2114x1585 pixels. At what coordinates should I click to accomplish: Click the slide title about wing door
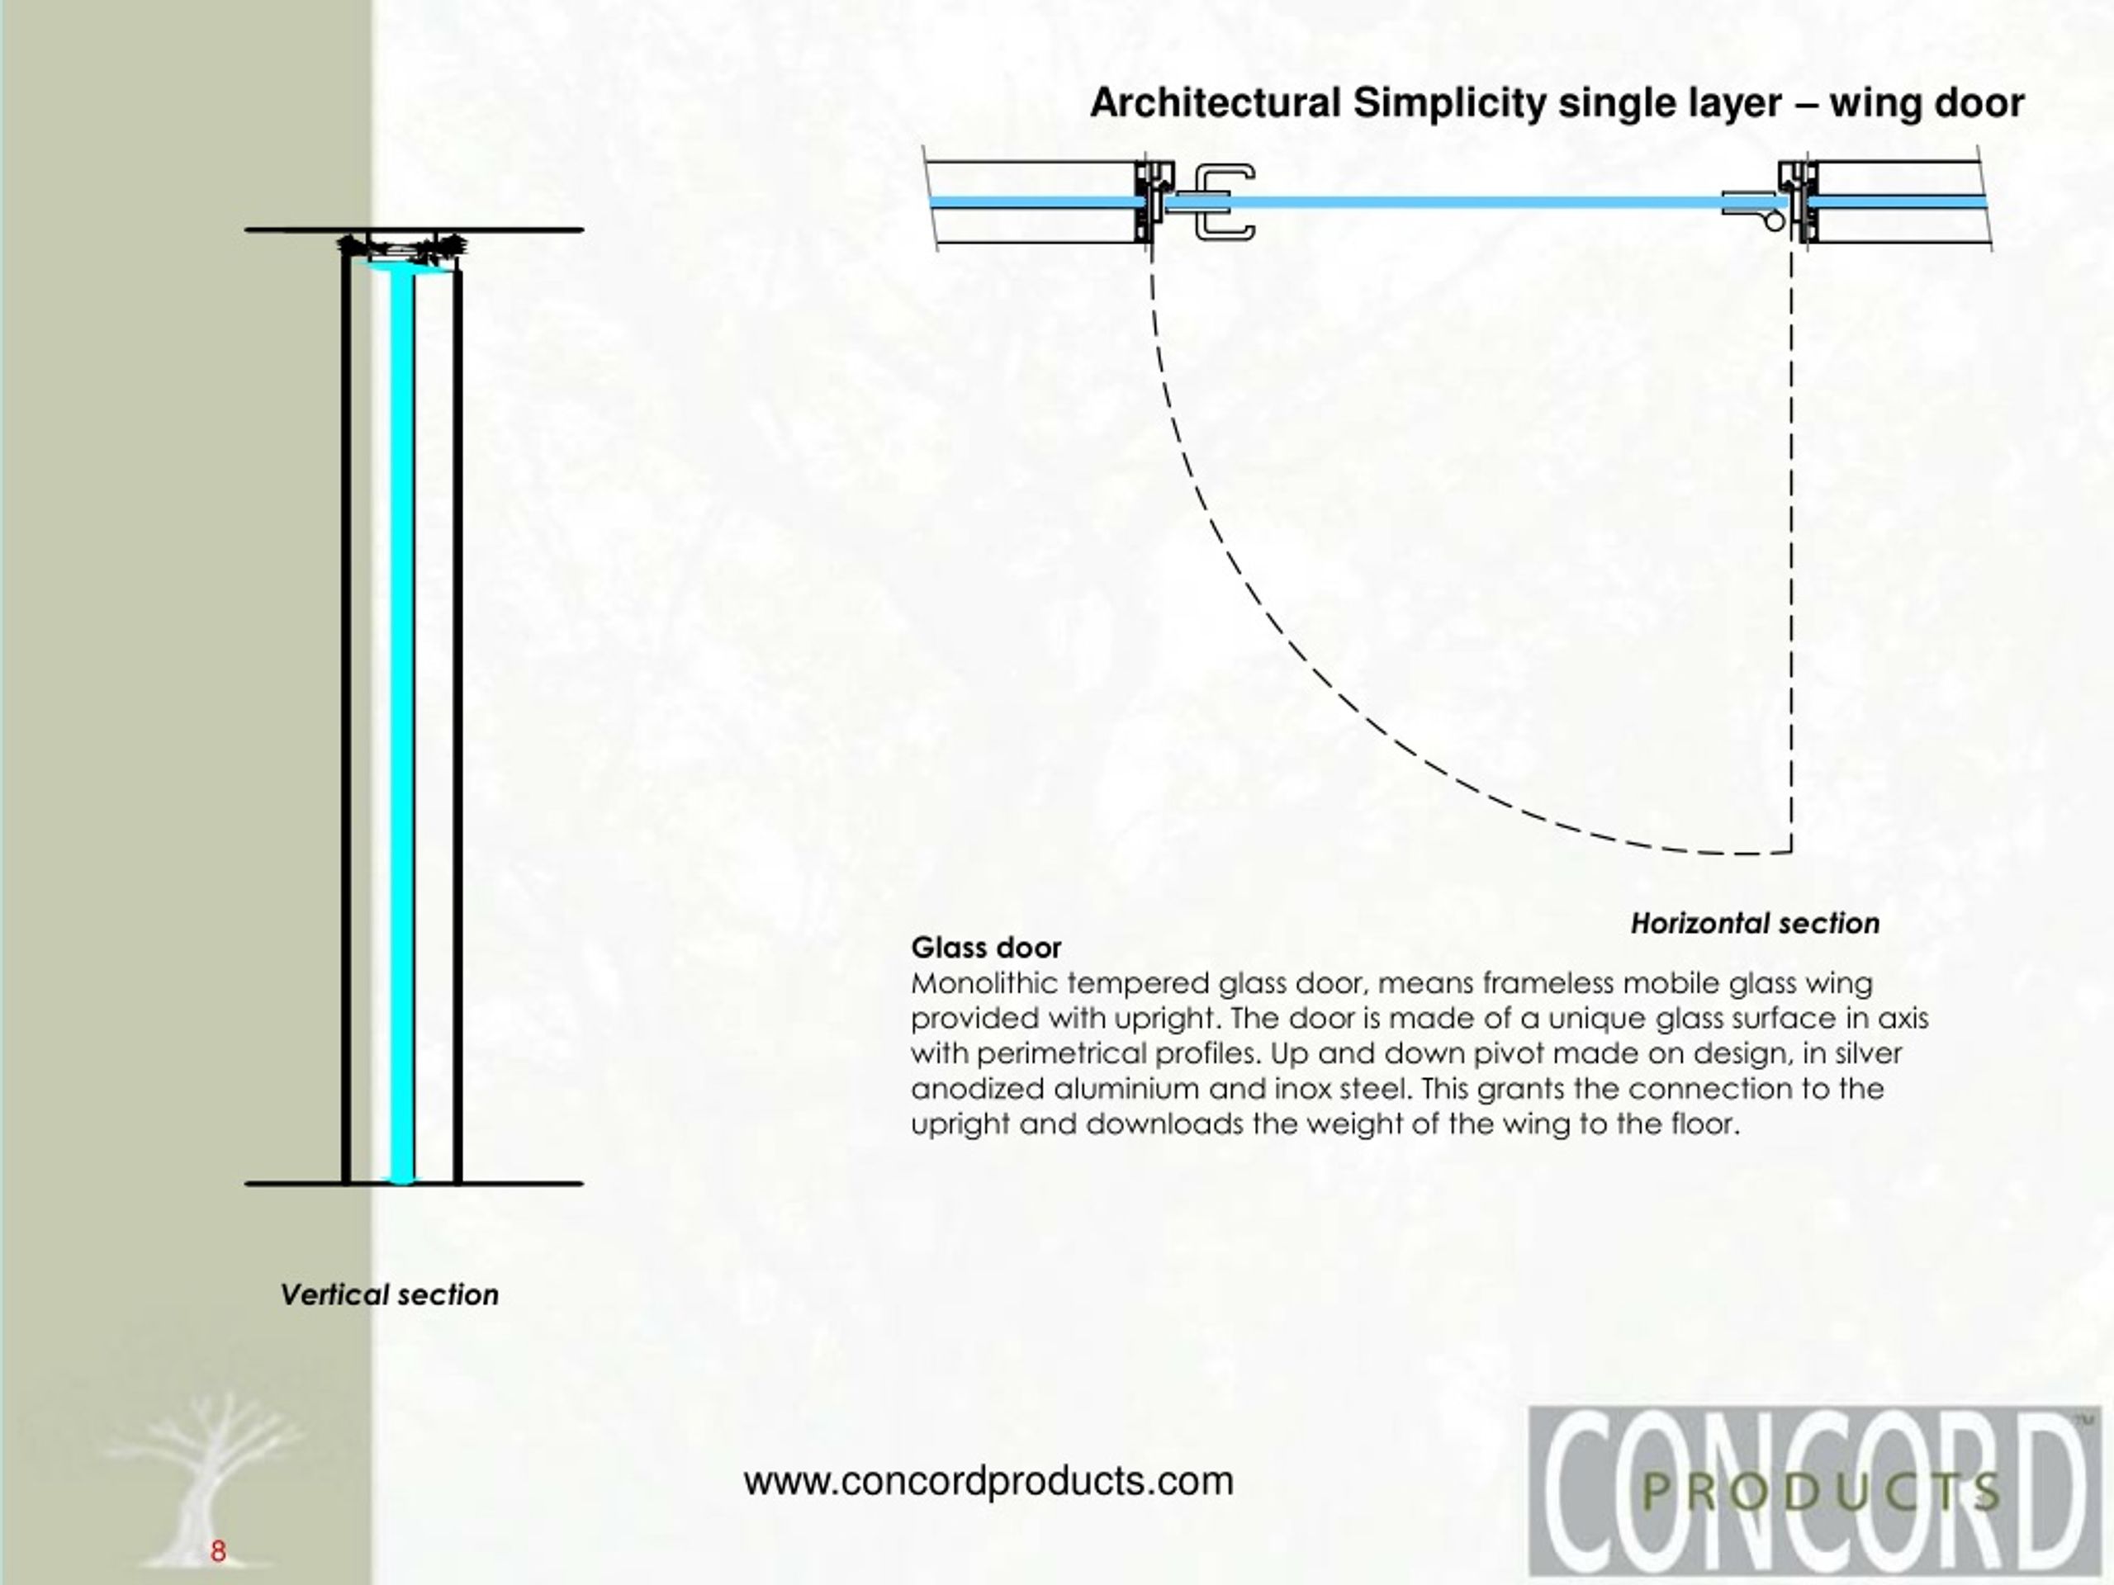click(x=1557, y=103)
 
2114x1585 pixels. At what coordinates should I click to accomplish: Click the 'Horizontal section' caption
click(x=1755, y=924)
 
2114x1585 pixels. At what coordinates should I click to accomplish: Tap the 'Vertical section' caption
click(x=389, y=1295)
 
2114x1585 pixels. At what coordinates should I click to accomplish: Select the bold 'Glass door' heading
click(x=986, y=948)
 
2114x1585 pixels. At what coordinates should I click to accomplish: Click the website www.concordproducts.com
click(x=989, y=1482)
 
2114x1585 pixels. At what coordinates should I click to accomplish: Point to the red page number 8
click(x=218, y=1551)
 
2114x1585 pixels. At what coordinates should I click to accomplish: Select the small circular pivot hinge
click(x=1774, y=221)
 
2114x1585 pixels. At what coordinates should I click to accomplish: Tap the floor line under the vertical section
click(x=414, y=1184)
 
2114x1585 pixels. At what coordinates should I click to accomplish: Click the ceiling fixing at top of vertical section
click(x=401, y=248)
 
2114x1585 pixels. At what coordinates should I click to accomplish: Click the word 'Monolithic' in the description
click(x=984, y=983)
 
